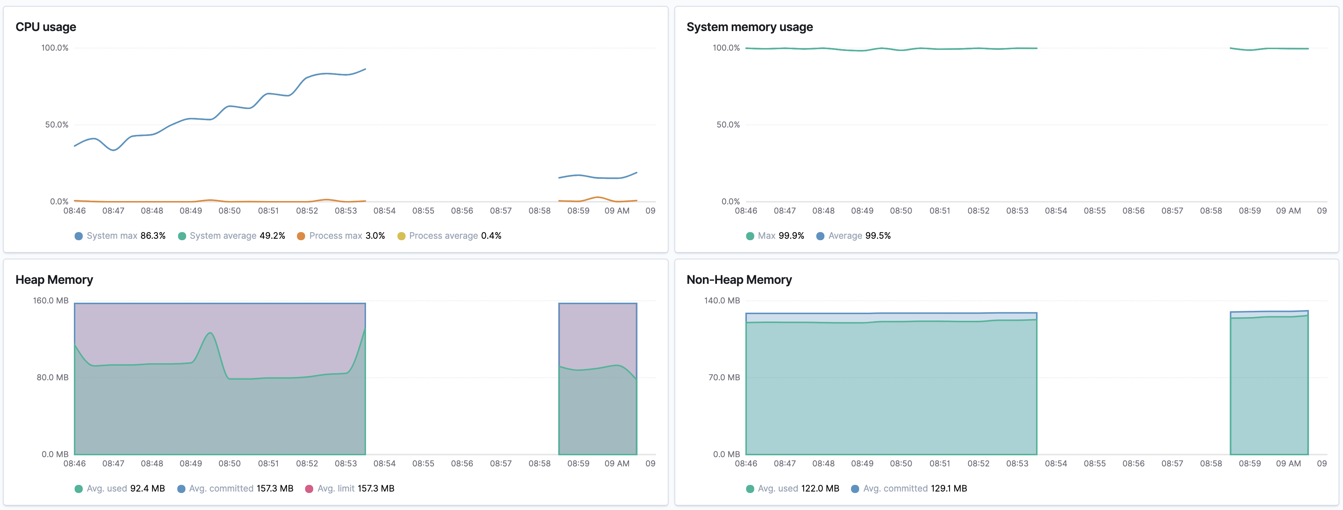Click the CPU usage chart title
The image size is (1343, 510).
(46, 27)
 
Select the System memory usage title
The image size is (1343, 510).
(749, 27)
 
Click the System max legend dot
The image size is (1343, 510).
(79, 236)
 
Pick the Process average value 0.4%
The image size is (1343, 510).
(491, 236)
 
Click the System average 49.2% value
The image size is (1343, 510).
(272, 236)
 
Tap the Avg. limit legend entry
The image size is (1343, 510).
(349, 489)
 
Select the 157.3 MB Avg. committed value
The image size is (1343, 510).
(275, 489)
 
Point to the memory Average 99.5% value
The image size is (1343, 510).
(878, 236)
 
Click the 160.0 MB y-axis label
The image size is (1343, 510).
(51, 301)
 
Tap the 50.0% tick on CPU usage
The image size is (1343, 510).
(57, 125)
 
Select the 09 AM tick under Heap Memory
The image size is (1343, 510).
(617, 463)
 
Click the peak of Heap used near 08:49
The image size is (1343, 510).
(210, 333)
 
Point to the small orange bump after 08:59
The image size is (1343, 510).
(598, 197)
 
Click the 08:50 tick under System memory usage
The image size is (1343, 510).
(901, 211)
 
